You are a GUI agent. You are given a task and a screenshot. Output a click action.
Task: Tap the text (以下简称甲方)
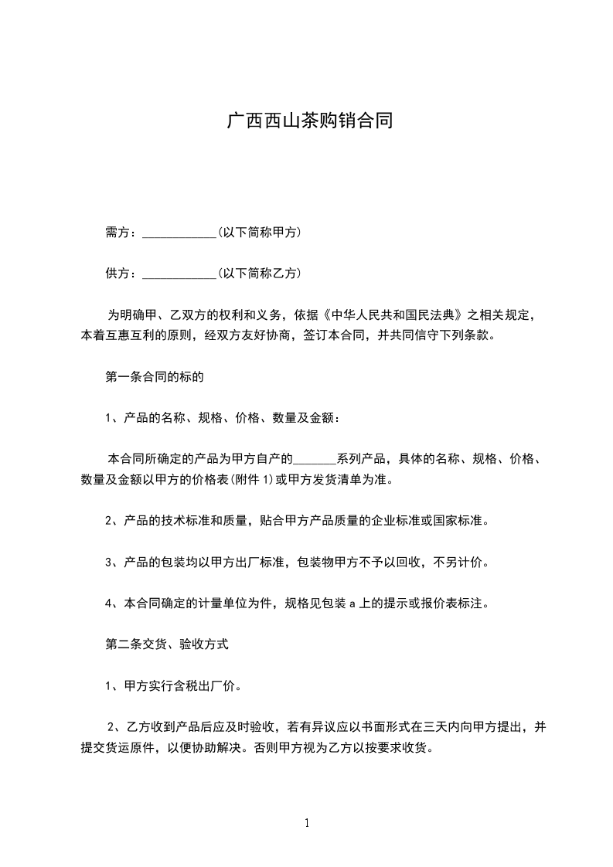[x=259, y=233]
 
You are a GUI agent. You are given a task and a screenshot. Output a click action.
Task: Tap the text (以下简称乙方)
[x=259, y=274]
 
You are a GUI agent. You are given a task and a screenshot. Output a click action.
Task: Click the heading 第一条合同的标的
[x=155, y=377]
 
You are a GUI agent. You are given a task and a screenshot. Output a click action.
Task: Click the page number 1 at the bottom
[x=307, y=823]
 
